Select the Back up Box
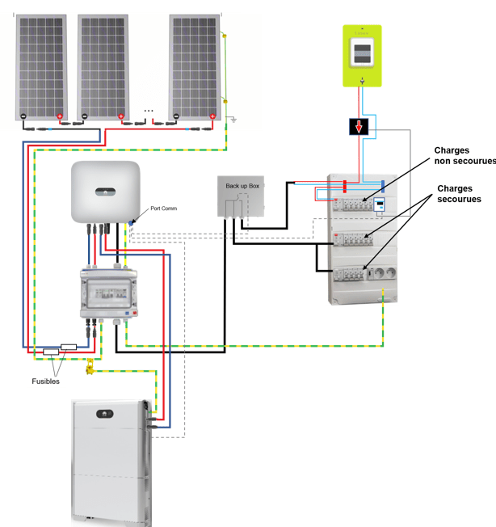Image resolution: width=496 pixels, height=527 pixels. (x=242, y=197)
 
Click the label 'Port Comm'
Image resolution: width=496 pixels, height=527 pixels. (x=164, y=209)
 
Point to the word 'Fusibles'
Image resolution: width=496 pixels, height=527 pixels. (x=46, y=381)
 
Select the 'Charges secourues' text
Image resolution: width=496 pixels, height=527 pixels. (x=459, y=194)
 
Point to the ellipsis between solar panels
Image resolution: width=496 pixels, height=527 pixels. (x=149, y=109)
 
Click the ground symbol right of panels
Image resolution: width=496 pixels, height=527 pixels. (x=233, y=120)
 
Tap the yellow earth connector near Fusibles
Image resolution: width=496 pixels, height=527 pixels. (x=90, y=369)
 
